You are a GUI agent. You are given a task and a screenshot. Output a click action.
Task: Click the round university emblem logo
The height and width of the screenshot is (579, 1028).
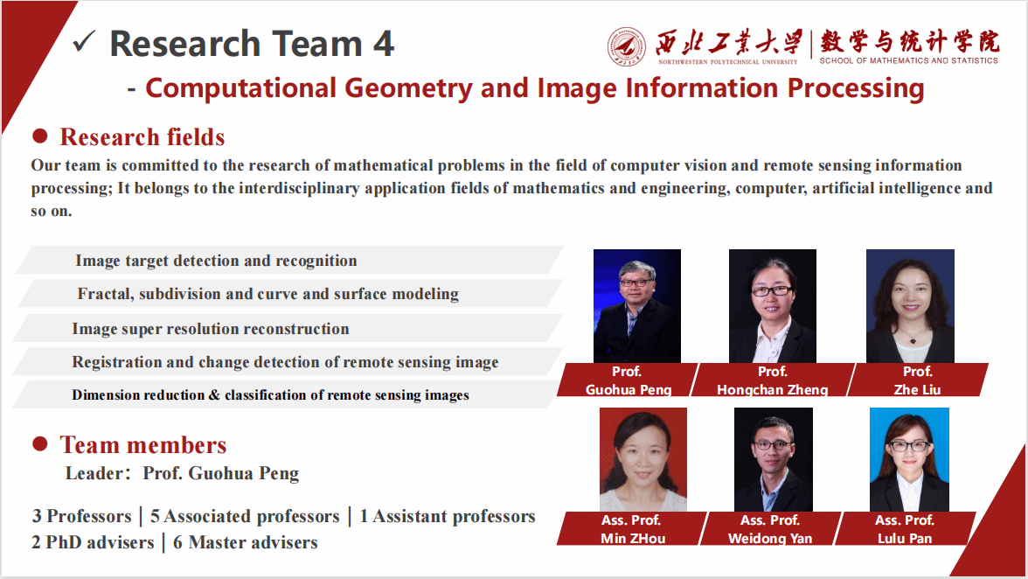627,46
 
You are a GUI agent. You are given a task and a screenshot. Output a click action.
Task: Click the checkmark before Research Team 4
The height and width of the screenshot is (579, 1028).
84,41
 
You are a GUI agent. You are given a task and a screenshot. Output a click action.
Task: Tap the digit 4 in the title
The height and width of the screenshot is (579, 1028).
384,44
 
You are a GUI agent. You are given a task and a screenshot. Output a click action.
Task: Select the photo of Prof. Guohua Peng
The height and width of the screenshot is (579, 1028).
636,306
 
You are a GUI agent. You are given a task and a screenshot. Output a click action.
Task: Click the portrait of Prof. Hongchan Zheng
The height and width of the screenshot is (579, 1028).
773,306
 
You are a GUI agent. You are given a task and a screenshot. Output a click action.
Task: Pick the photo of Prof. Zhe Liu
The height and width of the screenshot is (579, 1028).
910,306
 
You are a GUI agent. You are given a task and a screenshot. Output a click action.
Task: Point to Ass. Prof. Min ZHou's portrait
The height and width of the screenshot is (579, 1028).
642,459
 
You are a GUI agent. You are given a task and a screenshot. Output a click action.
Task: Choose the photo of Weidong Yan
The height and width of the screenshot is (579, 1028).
773,459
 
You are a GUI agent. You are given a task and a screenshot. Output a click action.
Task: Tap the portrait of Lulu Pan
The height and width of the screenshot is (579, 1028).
909,459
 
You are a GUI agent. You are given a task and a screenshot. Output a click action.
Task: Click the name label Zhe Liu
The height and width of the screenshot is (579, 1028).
917,389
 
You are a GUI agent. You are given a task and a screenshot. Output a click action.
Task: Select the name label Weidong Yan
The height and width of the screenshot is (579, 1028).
770,538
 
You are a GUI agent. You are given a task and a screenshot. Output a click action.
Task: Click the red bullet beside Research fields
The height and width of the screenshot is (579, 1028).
39,136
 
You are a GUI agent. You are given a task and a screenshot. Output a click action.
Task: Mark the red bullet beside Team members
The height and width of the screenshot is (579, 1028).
39,444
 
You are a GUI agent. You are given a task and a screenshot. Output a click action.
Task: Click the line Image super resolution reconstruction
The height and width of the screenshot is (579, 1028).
211,329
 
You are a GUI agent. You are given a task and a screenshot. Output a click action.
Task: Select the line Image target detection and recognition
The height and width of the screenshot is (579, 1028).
216,261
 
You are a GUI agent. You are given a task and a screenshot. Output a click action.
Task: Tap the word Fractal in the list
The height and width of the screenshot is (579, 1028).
103,294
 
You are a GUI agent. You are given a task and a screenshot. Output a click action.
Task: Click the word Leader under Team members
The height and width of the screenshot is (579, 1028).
93,474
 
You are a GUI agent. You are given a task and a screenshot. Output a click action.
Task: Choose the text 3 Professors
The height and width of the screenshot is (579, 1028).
80,516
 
